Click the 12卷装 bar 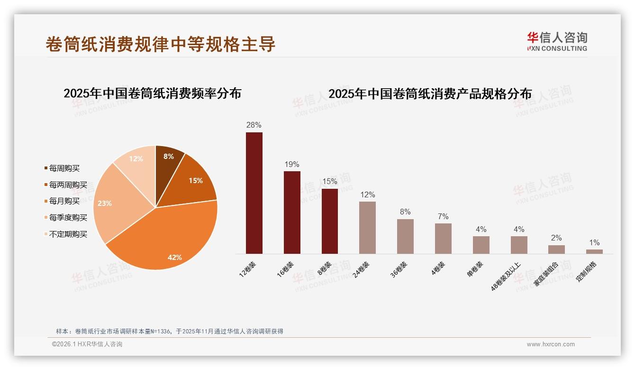tap(254, 193)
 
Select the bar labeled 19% tap(292, 213)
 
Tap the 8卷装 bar tap(330, 221)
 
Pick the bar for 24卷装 tap(367, 228)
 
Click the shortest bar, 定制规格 tap(594, 251)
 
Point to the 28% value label tap(254, 125)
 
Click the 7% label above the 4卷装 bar tap(443, 217)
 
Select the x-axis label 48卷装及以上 tap(506, 276)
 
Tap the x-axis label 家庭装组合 tap(546, 274)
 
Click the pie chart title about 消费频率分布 tap(152, 93)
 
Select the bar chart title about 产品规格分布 tap(430, 93)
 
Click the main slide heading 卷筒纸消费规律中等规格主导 tap(161, 44)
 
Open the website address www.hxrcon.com tap(551, 344)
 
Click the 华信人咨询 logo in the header tap(557, 41)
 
